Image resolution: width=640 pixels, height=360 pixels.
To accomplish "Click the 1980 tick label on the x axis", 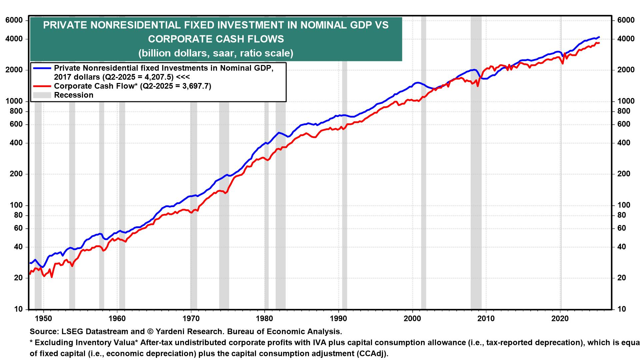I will pyautogui.click(x=264, y=318).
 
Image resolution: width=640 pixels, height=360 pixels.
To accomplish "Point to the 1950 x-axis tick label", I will pyautogui.click(x=43, y=318).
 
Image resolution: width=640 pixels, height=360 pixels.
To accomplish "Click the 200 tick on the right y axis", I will pyautogui.click(x=624, y=174).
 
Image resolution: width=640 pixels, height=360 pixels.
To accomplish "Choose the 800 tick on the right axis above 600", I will pyautogui.click(x=624, y=111).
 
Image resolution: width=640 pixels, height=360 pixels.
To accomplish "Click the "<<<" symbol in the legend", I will pyautogui.click(x=182, y=77).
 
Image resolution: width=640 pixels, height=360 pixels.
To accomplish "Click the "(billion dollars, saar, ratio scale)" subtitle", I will pyautogui.click(x=216, y=53).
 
